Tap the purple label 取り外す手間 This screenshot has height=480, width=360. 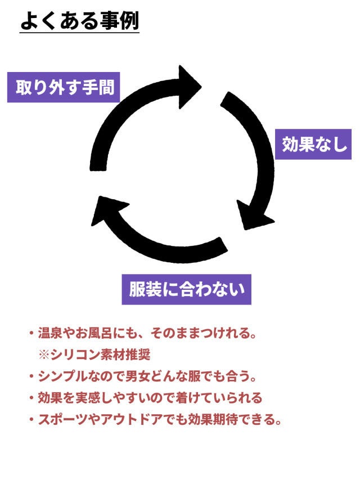(x=64, y=88)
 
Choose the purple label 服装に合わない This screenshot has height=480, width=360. (x=187, y=289)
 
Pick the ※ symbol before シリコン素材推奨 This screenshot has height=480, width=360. (x=44, y=355)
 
